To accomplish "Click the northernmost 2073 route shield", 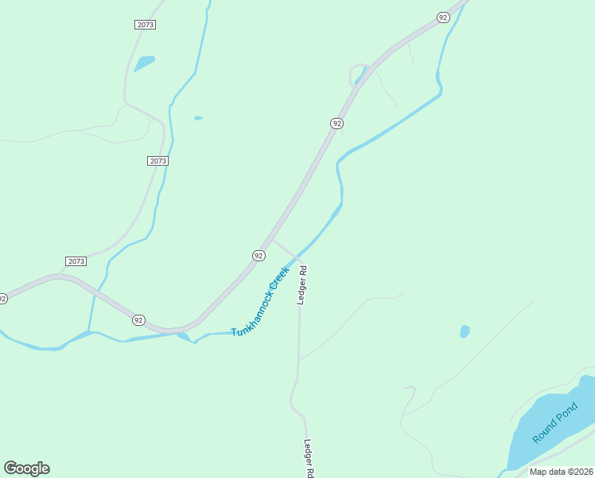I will [x=145, y=25].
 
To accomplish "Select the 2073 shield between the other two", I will [x=157, y=161].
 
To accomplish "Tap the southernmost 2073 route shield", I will [x=76, y=261].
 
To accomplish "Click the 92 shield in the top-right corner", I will [x=444, y=18].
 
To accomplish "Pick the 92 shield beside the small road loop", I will [x=337, y=123].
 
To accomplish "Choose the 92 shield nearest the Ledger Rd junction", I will [x=259, y=255].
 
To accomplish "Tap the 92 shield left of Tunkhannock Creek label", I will [x=139, y=319].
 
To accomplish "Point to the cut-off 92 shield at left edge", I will [x=2, y=299].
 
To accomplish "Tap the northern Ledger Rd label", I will [x=302, y=285].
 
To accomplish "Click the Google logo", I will [x=26, y=468].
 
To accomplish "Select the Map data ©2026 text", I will [x=561, y=472].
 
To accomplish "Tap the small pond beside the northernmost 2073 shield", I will [x=144, y=62].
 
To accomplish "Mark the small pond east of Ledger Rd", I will [x=465, y=331].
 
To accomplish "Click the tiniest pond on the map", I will [x=198, y=119].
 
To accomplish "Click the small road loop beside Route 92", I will [x=358, y=73].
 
